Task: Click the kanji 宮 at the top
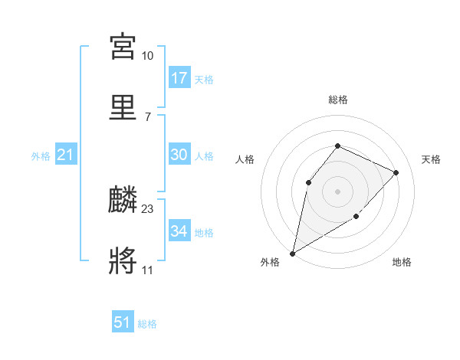point(123,46)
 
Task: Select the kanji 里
point(123,107)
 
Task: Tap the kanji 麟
point(123,200)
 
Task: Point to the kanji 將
point(123,261)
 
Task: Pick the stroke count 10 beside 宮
point(148,55)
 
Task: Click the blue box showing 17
point(179,78)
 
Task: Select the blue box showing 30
point(179,155)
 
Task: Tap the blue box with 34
point(179,231)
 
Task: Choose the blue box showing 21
point(66,155)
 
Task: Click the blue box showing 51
point(123,322)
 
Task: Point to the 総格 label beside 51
point(147,324)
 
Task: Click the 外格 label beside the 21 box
point(41,156)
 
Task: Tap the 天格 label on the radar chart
point(431,159)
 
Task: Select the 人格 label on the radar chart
point(245,159)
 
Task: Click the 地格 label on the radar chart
point(402,263)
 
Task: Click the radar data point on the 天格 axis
point(396,172)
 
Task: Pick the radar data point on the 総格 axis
point(337,146)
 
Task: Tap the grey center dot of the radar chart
point(337,191)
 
